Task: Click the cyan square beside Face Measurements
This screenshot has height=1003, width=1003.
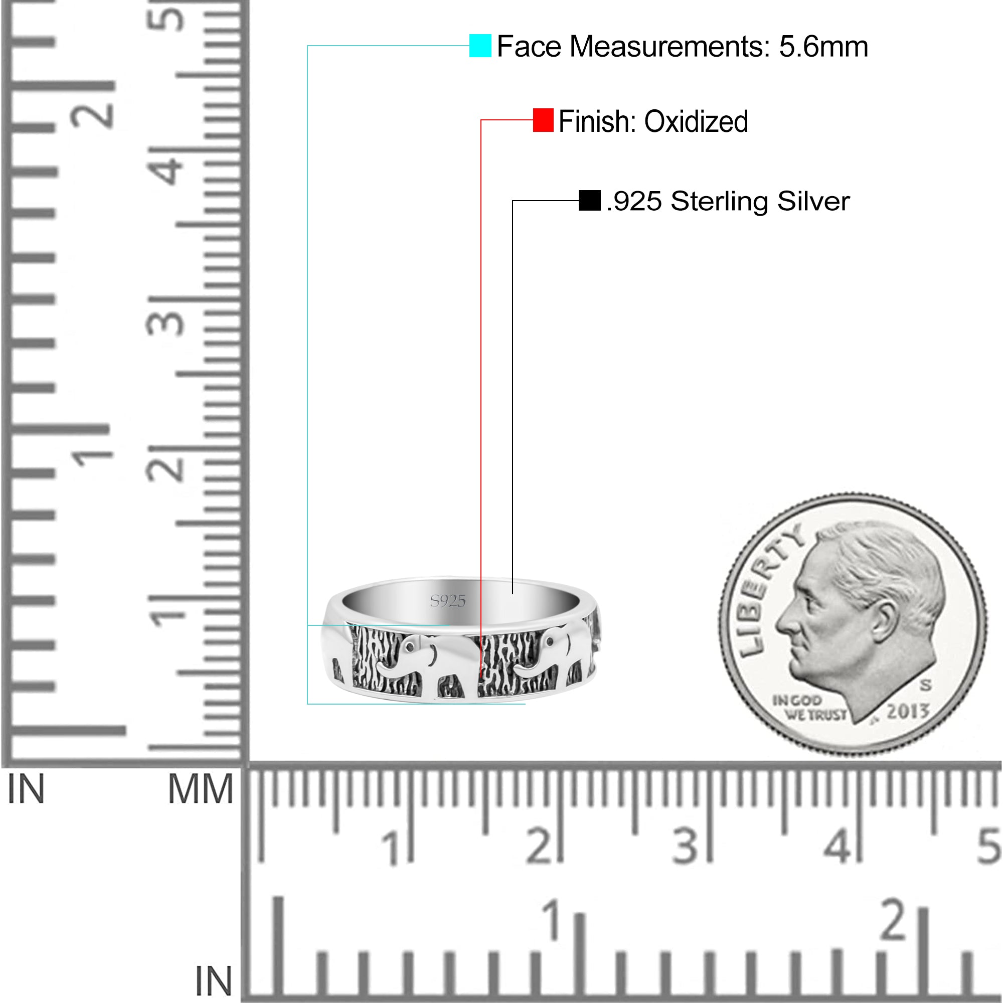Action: pyautogui.click(x=480, y=46)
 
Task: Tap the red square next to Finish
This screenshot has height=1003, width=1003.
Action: pyautogui.click(x=543, y=120)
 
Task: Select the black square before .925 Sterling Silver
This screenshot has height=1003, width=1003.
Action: pyautogui.click(x=590, y=201)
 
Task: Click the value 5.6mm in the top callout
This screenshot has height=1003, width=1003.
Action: pyautogui.click(x=823, y=47)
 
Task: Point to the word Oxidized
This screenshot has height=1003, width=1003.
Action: pyautogui.click(x=696, y=121)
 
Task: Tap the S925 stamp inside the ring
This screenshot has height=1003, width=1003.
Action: pyautogui.click(x=448, y=601)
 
